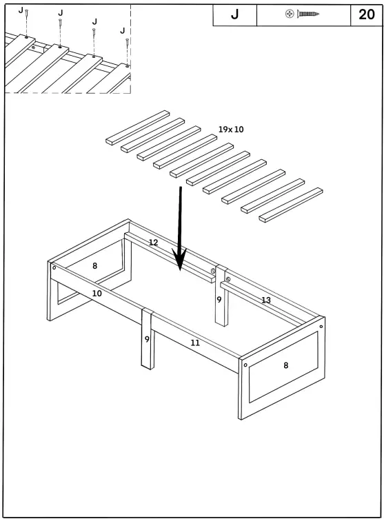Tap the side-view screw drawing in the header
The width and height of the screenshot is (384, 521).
point(310,14)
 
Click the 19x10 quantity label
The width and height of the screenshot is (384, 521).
point(231,130)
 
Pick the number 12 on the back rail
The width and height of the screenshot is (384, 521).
point(153,243)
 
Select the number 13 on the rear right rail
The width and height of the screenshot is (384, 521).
point(265,300)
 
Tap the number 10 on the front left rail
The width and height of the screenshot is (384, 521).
point(97,294)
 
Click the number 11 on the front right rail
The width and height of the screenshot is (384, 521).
point(195,343)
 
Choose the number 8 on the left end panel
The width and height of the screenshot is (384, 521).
point(94,265)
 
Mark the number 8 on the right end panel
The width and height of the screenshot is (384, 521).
point(286,365)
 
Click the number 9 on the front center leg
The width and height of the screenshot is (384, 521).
point(147,339)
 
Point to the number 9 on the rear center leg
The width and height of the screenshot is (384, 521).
point(219,300)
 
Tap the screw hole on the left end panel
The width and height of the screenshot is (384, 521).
point(54,267)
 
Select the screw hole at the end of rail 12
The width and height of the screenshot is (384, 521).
point(213,272)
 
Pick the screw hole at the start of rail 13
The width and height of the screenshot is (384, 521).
point(227,279)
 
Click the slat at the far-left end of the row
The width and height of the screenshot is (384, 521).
point(137,127)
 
